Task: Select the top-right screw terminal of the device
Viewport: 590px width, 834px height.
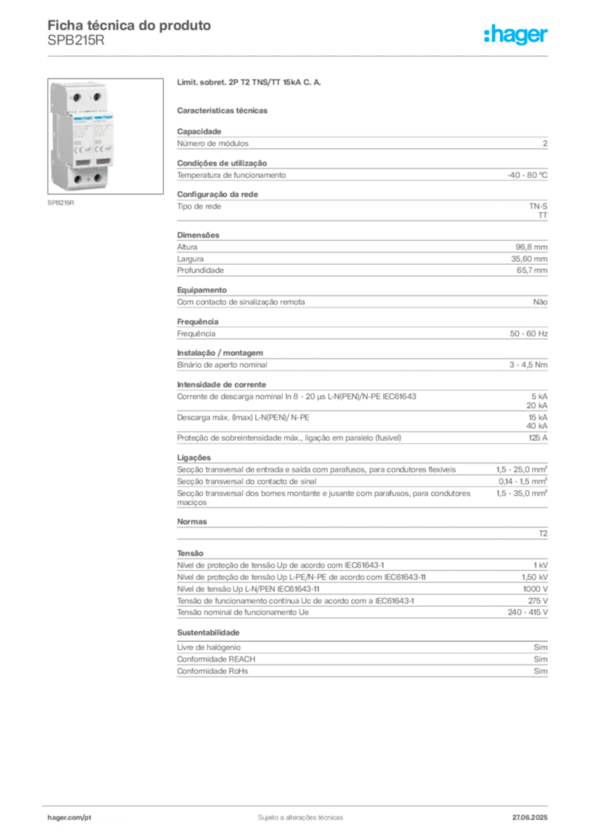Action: (x=97, y=97)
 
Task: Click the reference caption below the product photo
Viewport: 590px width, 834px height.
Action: (x=61, y=204)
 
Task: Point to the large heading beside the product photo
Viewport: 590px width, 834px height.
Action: (x=251, y=84)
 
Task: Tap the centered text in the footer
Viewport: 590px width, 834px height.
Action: (x=295, y=814)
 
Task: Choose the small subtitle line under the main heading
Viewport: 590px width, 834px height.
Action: (x=225, y=109)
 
